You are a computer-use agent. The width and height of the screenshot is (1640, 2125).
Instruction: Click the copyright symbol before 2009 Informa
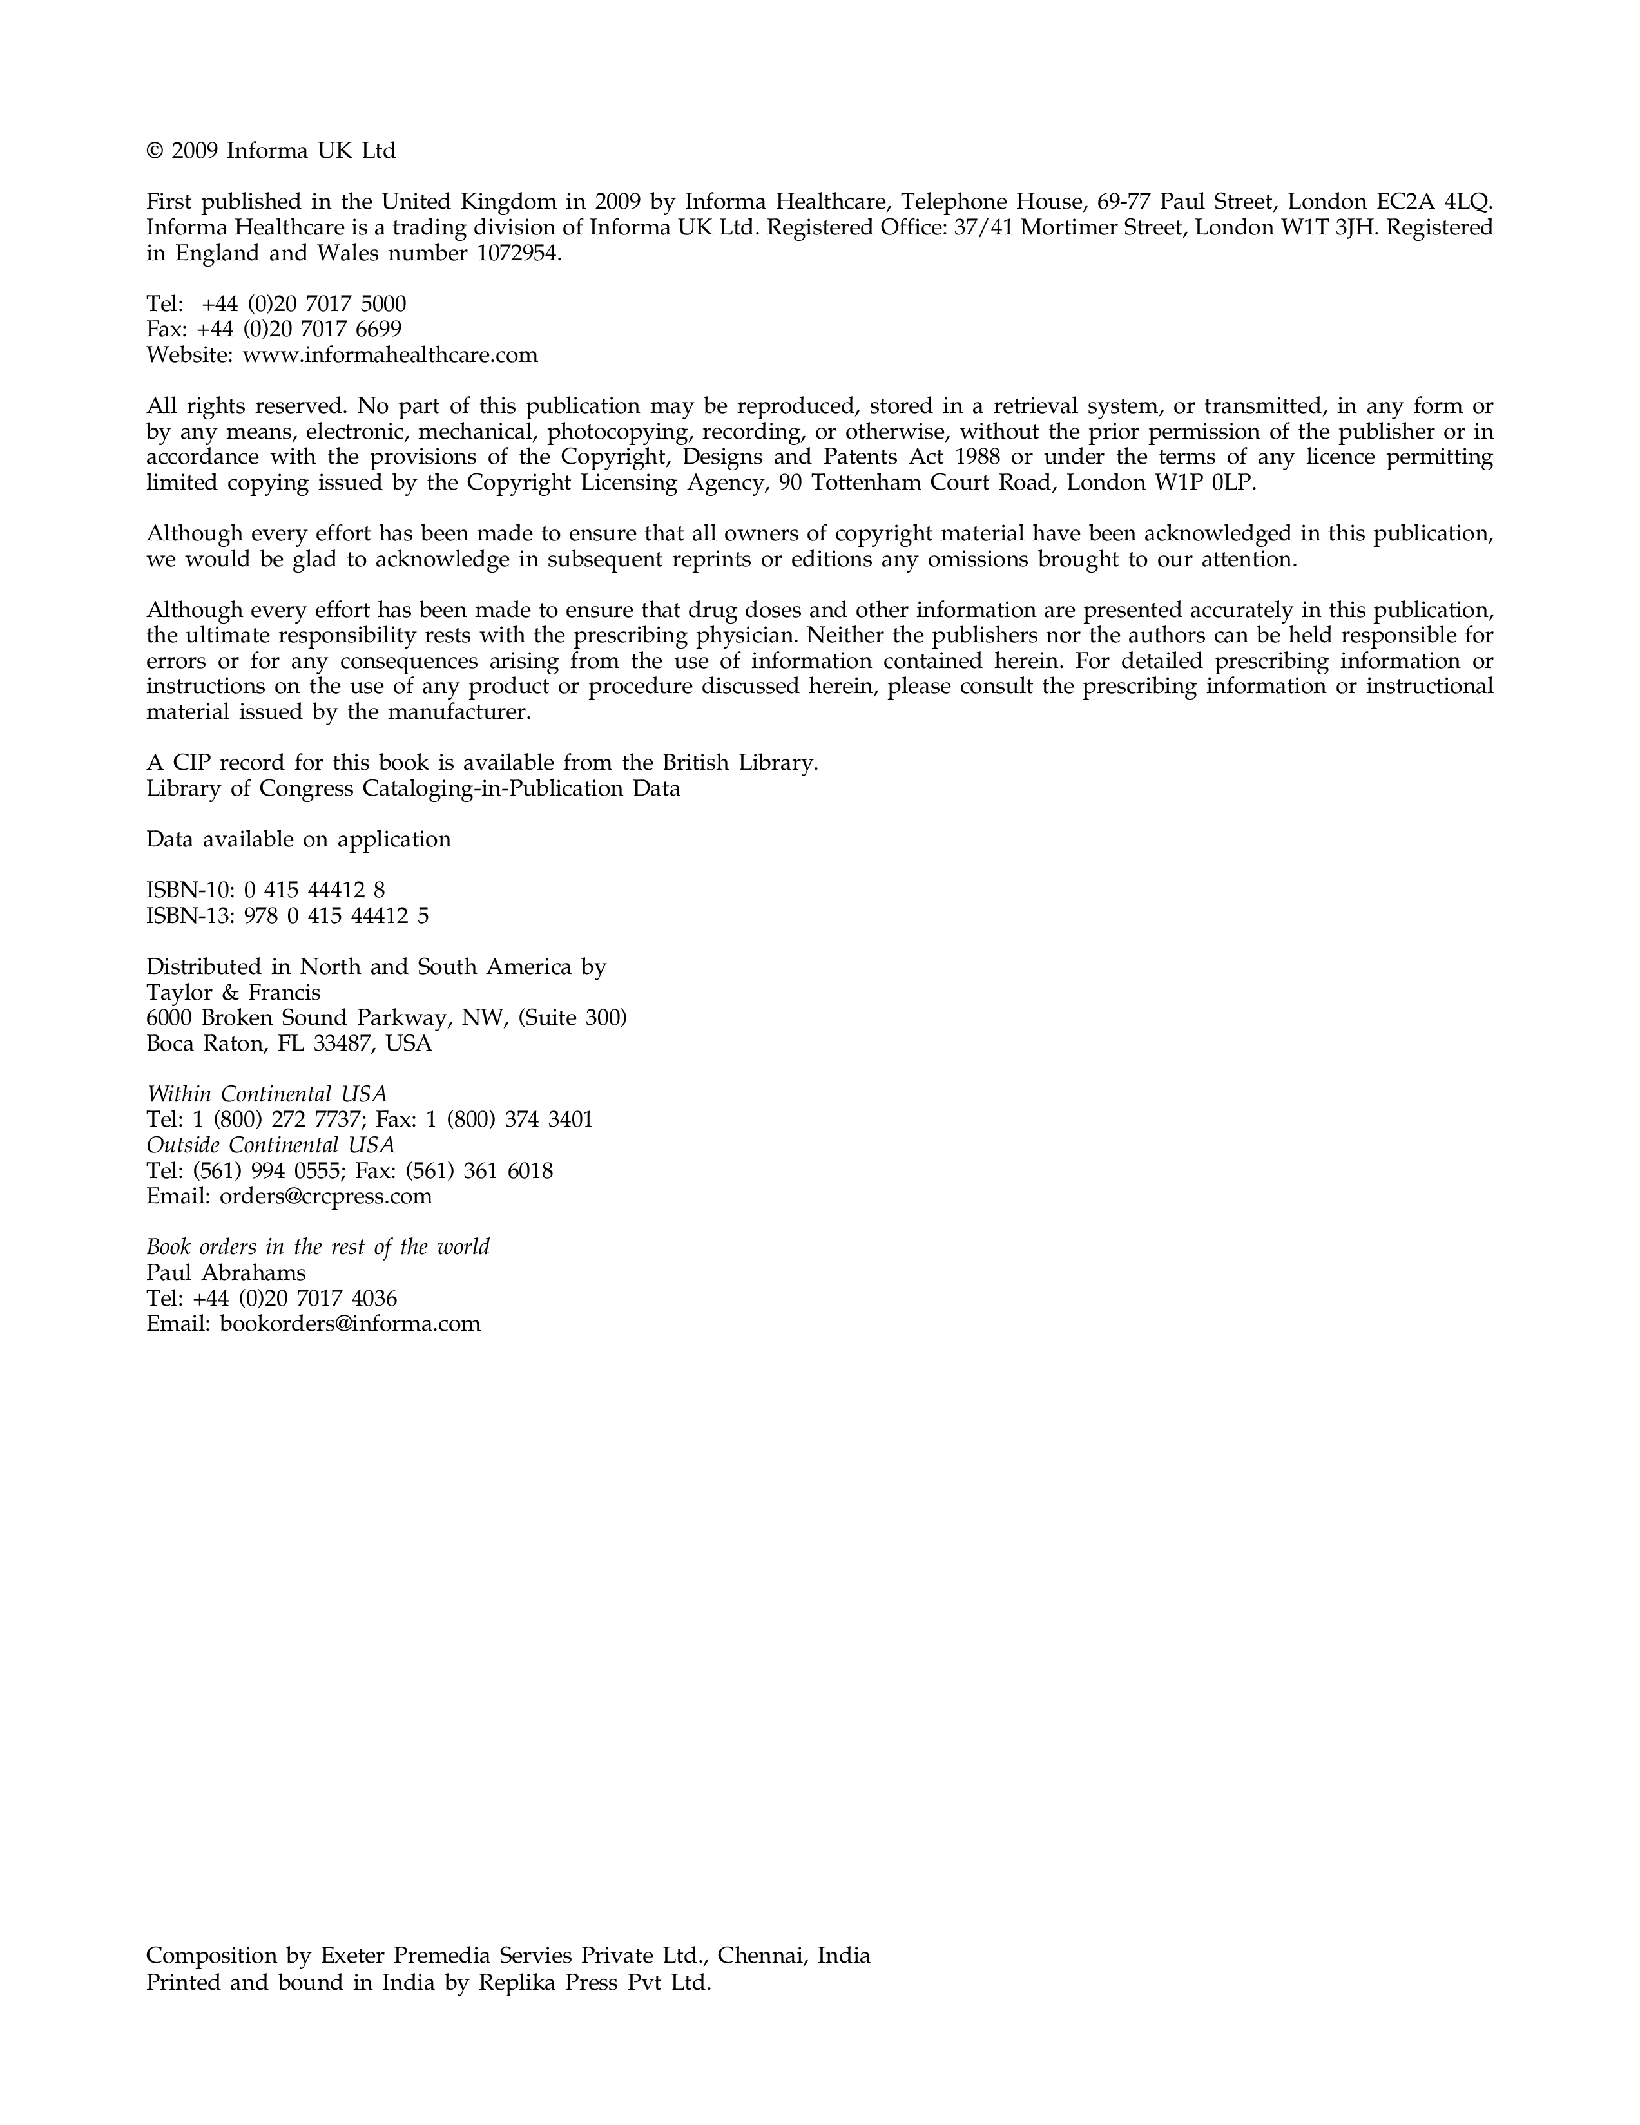point(154,152)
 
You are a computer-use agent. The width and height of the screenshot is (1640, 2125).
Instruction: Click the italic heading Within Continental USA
point(267,1094)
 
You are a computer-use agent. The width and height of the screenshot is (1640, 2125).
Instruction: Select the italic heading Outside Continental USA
point(271,1145)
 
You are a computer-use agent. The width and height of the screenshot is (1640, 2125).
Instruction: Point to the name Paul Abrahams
point(226,1273)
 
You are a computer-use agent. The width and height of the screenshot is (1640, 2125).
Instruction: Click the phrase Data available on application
point(299,840)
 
